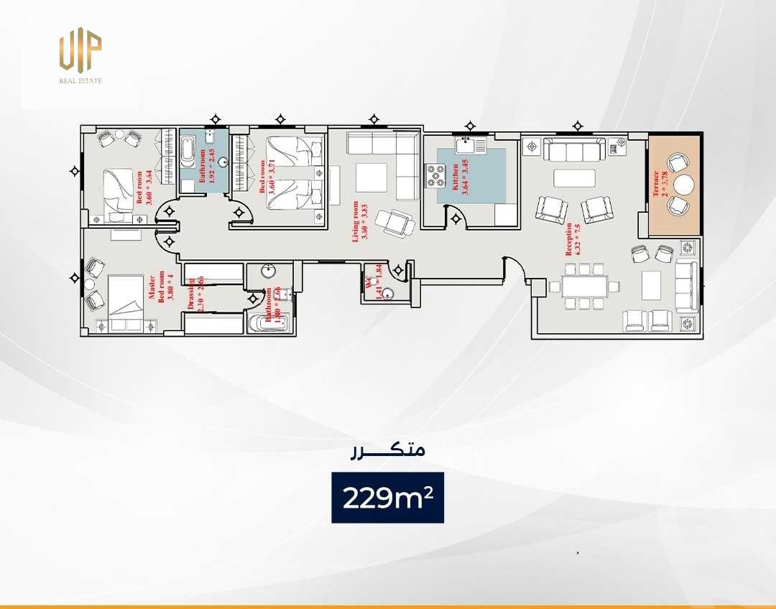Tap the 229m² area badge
coord(387,498)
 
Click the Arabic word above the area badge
coord(387,450)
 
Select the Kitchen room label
coord(455,177)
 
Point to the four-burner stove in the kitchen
coord(436,175)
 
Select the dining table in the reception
coord(584,287)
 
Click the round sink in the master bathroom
coord(269,272)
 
